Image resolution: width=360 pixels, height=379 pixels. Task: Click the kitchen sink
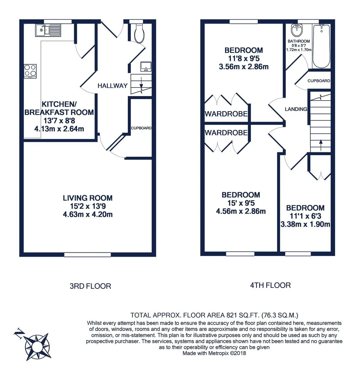(48, 30)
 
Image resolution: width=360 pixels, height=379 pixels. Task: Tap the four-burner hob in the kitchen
(30, 71)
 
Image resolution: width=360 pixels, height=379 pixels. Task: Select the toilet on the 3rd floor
(139, 33)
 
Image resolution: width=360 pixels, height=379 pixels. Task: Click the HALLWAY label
(112, 86)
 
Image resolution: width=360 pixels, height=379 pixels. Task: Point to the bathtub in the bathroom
(321, 46)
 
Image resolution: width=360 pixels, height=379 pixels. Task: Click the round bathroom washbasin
(297, 30)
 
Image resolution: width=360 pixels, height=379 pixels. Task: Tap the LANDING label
(296, 109)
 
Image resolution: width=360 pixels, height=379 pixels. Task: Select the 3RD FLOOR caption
(90, 286)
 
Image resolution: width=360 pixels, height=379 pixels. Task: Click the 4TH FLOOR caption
(270, 285)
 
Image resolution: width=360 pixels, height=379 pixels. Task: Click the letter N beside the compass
(19, 333)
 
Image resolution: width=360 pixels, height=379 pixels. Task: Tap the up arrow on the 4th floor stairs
(321, 145)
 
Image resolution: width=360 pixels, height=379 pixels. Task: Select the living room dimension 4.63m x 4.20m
(88, 214)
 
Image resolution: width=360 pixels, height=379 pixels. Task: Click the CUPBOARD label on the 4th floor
(319, 81)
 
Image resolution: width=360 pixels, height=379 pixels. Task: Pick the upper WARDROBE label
(226, 114)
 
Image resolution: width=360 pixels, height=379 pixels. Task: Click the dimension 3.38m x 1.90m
(305, 224)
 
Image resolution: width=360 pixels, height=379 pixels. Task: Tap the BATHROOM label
(299, 41)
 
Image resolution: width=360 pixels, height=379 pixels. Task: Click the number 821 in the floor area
(231, 315)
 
